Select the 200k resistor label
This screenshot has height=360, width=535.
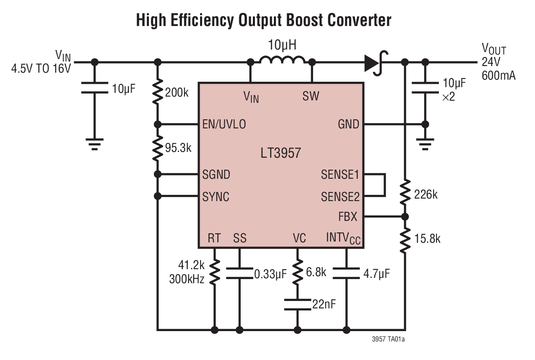[x=177, y=92]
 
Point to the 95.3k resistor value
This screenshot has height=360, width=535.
[x=178, y=148]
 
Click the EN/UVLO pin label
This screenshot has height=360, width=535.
[x=224, y=124]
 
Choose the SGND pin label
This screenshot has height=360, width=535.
[x=216, y=174]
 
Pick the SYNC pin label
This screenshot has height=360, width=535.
[x=216, y=197]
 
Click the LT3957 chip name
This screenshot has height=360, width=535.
[x=280, y=153]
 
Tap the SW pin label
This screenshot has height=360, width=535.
[x=311, y=97]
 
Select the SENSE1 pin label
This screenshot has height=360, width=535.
[x=340, y=175]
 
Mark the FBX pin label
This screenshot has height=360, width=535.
[x=348, y=216]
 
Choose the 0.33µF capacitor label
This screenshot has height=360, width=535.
[x=270, y=274]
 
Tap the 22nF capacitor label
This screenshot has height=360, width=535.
[x=324, y=305]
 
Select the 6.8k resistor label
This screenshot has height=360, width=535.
[x=316, y=272]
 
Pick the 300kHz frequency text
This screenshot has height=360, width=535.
[x=187, y=279]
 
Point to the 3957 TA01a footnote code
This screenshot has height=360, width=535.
[x=388, y=340]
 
